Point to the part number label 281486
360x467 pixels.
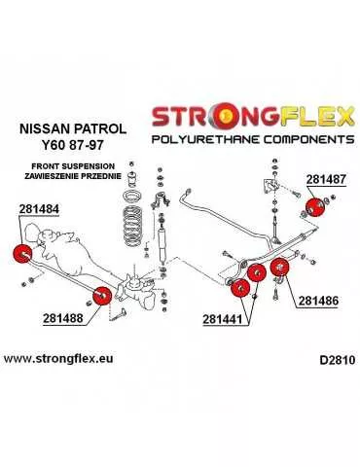(318, 302)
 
